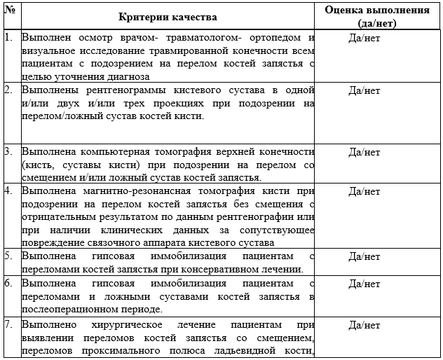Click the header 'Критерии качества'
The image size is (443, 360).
pos(168,16)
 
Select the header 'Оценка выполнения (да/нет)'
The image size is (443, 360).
pos(377,16)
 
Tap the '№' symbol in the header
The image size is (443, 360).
pos(9,10)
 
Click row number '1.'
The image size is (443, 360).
pos(8,37)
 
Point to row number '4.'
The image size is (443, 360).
pos(8,191)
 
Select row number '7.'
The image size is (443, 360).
pos(8,325)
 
